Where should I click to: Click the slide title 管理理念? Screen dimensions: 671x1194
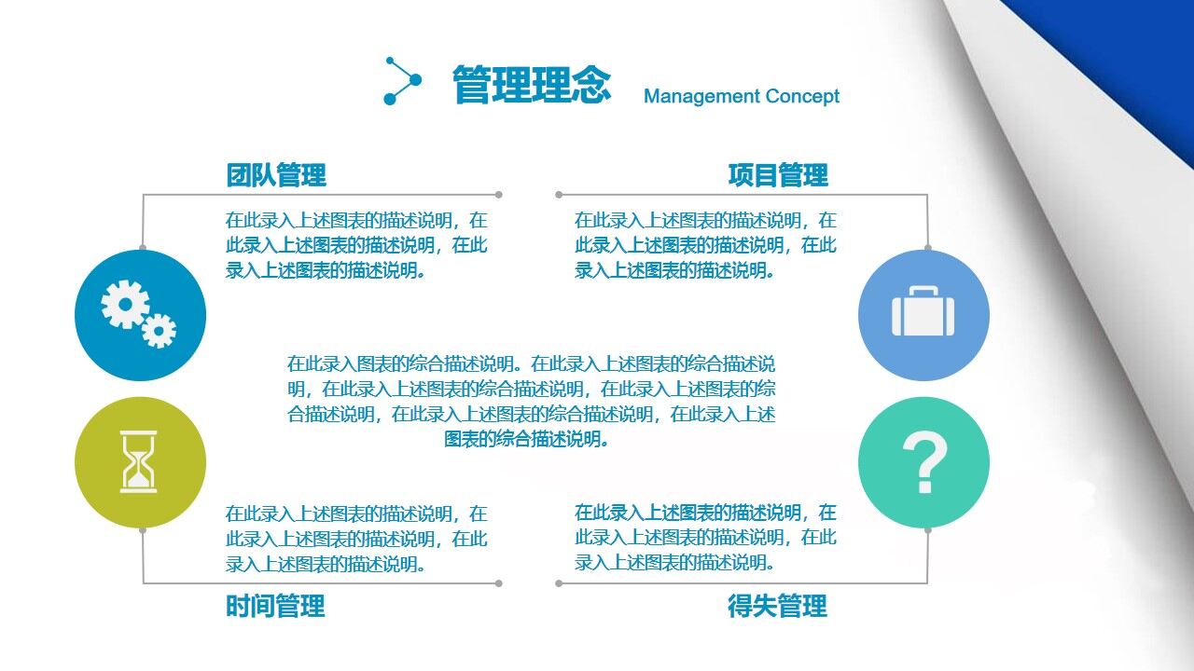tap(532, 85)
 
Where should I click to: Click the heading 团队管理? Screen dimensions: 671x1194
tap(276, 174)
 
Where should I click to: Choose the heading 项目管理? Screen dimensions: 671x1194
tap(778, 174)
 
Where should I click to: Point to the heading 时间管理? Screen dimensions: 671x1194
tap(275, 606)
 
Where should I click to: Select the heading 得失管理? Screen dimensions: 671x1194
tap(777, 606)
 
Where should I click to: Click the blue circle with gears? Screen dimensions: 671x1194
tap(140, 315)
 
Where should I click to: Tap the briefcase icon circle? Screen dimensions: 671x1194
tap(923, 315)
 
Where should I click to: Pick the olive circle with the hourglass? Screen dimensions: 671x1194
tap(140, 462)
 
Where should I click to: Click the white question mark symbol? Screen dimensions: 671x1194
tap(924, 463)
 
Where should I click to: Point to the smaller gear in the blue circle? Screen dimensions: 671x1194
tap(159, 330)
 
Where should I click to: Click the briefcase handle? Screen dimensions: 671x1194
tap(923, 293)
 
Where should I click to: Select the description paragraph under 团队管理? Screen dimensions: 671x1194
tap(356, 245)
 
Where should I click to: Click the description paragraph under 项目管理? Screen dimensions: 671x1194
tap(705, 245)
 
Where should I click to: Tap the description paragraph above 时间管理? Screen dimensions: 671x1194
tap(356, 538)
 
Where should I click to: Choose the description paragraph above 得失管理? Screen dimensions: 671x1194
tap(705, 537)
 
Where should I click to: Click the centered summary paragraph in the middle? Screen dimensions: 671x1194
tap(531, 401)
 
